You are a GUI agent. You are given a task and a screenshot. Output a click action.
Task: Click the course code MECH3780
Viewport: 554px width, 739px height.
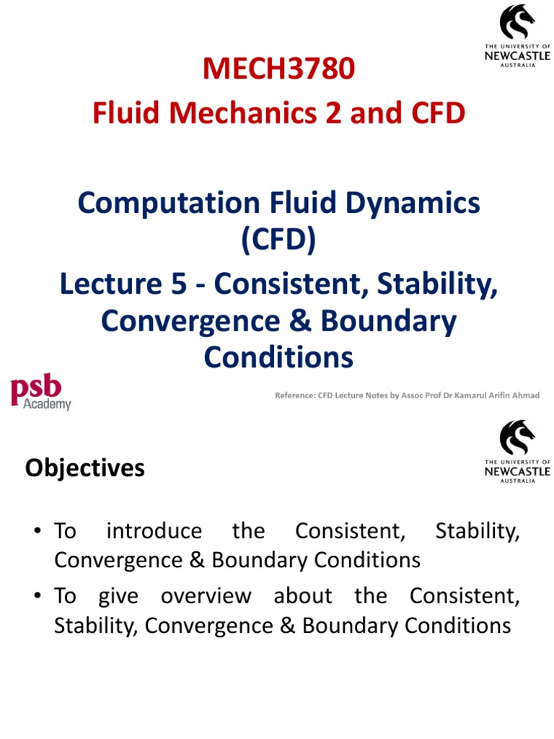pos(278,69)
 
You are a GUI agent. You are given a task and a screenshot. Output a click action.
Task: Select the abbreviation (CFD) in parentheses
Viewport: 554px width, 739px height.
pos(278,240)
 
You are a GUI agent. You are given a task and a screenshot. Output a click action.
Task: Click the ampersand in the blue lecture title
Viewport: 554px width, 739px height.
pos(302,321)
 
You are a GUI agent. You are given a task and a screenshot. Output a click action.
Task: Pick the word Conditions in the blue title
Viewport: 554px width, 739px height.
pos(278,357)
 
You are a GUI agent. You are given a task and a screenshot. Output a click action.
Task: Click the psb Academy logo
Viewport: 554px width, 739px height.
pos(40,393)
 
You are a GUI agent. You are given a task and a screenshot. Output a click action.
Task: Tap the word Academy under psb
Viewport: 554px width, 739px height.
pos(48,404)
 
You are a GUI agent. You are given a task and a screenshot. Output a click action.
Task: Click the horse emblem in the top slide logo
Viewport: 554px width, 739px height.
pos(516,22)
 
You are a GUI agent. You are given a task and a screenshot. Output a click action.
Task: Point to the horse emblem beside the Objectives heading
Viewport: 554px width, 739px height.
pos(516,438)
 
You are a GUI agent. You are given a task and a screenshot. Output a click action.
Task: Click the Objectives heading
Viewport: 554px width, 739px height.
pos(85,468)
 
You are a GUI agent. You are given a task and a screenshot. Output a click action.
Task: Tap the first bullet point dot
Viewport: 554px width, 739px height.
pos(36,532)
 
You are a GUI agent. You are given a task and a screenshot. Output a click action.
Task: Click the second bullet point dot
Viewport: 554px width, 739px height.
pos(36,597)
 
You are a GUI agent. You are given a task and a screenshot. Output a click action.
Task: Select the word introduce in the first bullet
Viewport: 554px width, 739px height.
pos(154,531)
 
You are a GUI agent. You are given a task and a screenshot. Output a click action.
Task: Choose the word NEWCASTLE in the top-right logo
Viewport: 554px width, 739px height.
pos(516,55)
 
